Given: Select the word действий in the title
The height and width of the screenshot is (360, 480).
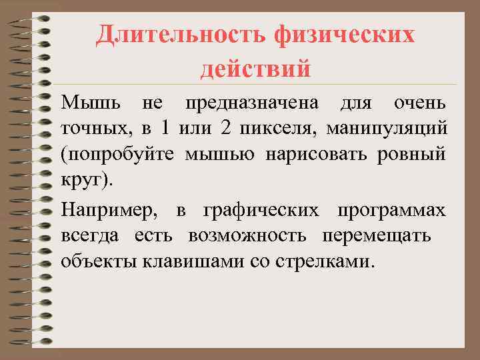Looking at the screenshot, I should [x=255, y=68].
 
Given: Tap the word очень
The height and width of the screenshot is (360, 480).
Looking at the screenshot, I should [x=420, y=104].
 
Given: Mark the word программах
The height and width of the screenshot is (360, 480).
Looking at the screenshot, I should [x=391, y=211].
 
